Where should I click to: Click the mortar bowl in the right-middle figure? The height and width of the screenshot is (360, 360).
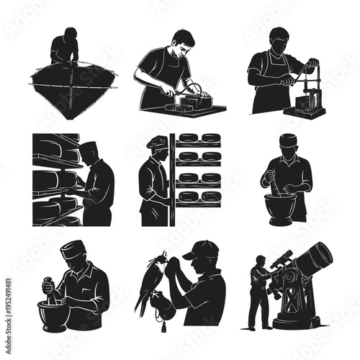click(280, 208)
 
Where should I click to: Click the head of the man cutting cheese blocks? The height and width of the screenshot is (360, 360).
click(181, 40)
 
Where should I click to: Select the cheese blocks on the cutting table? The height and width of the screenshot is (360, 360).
click(190, 102)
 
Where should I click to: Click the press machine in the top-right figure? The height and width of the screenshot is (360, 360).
click(305, 94)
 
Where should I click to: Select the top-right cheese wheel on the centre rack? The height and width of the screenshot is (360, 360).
click(210, 138)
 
